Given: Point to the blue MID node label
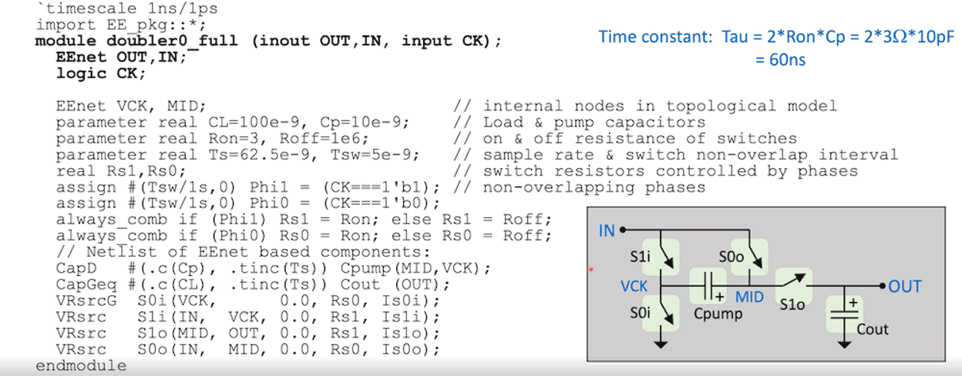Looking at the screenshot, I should [748, 297].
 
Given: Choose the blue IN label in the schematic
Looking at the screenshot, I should [607, 230].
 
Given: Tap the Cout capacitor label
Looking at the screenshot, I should [873, 329].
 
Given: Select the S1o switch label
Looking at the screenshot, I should [792, 305].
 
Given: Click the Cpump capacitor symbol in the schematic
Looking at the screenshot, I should [708, 286].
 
